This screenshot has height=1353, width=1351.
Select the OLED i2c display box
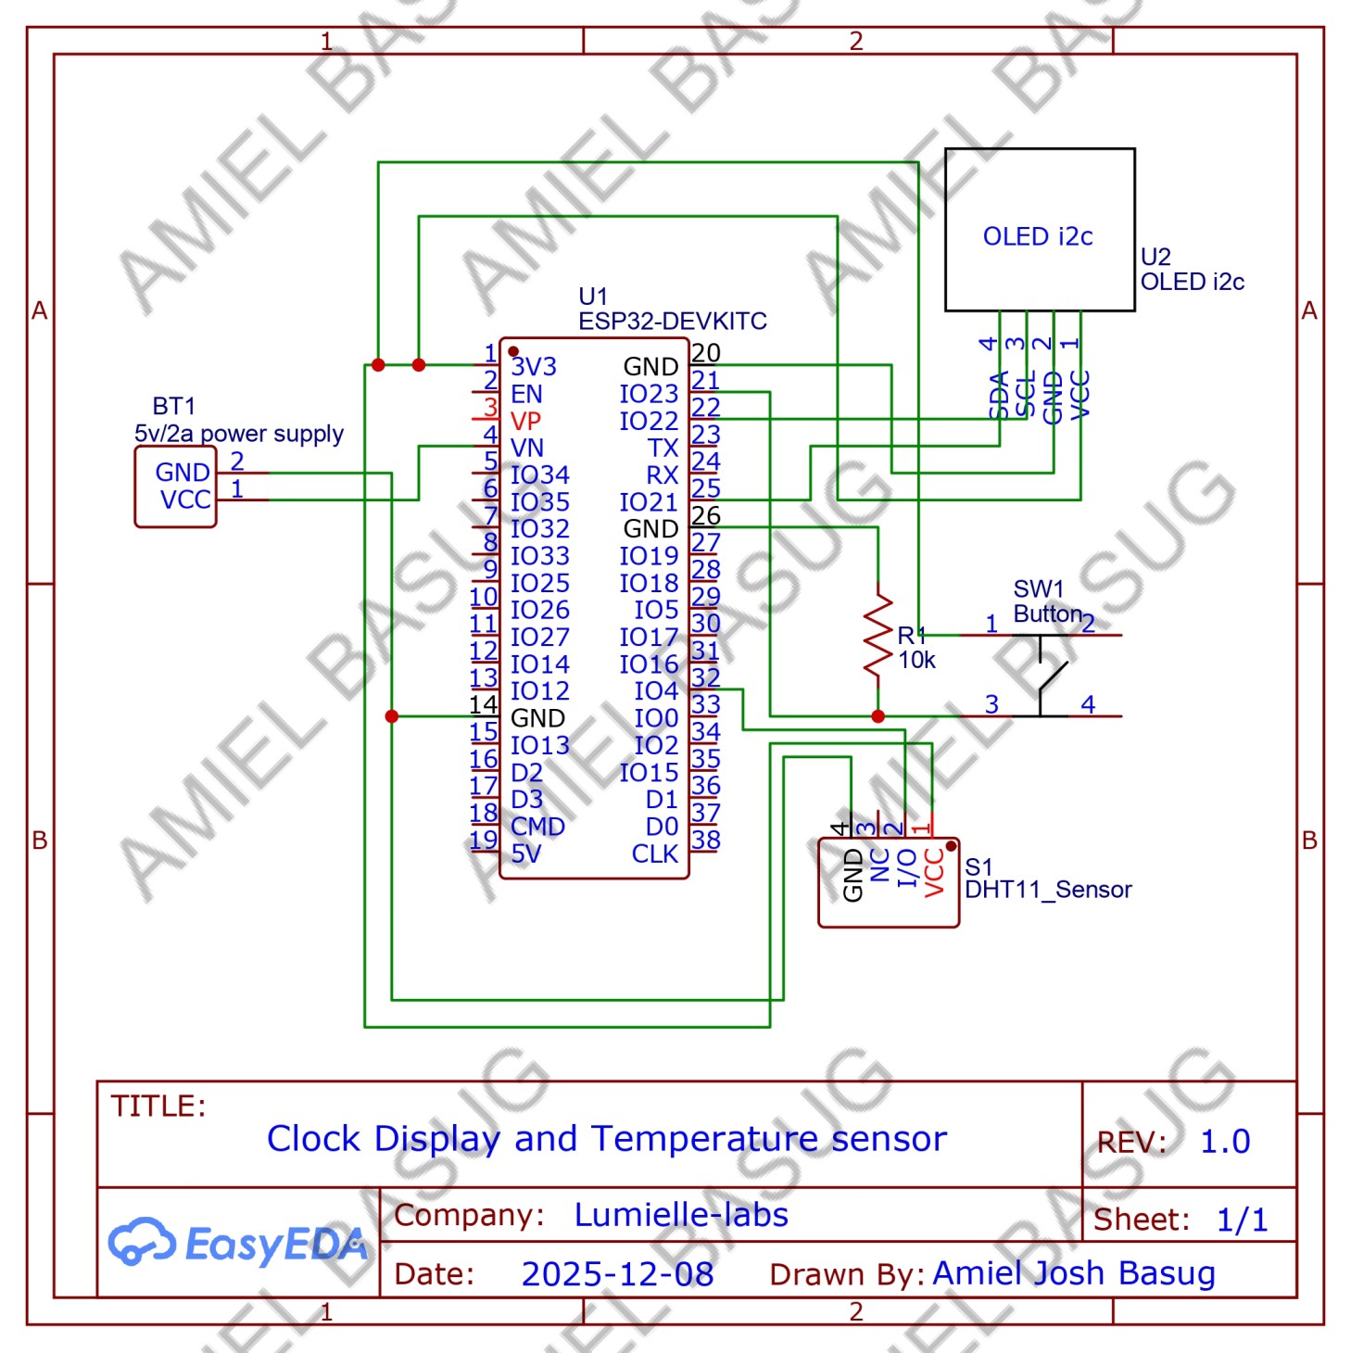pyautogui.click(x=1039, y=230)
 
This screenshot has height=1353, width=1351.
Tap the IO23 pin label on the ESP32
pyautogui.click(x=649, y=394)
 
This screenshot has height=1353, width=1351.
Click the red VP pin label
pyautogui.click(x=525, y=421)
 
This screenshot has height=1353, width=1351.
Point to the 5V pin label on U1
pyautogui.click(x=525, y=854)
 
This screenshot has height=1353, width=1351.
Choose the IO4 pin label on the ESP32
pyautogui.click(x=656, y=691)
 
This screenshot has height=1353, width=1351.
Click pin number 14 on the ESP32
pyautogui.click(x=483, y=704)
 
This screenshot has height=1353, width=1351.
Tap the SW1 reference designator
pyautogui.click(x=1038, y=589)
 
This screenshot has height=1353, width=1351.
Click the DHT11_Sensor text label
pyautogui.click(x=1048, y=890)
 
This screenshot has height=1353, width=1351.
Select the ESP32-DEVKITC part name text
pyautogui.click(x=673, y=322)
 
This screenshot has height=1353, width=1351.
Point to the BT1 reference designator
pyautogui.click(x=173, y=406)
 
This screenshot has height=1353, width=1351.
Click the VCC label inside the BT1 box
pyautogui.click(x=185, y=500)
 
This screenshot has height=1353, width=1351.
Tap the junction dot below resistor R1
pyautogui.click(x=878, y=716)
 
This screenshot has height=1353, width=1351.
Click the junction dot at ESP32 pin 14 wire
pyautogui.click(x=392, y=716)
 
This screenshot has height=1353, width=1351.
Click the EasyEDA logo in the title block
pyautogui.click(x=237, y=1243)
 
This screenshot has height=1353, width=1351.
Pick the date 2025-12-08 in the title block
pyautogui.click(x=617, y=1274)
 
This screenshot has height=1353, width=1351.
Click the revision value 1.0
pyautogui.click(x=1225, y=1142)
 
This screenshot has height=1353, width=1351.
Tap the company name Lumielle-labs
pyautogui.click(x=681, y=1215)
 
